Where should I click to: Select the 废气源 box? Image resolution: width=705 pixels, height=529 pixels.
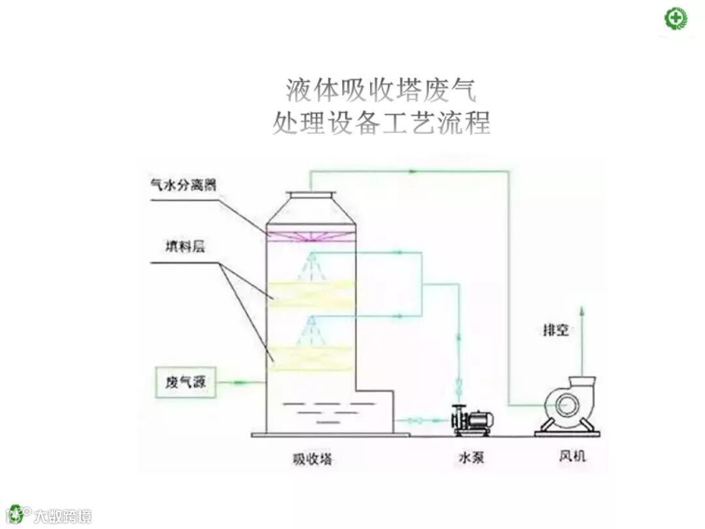pos(185,383)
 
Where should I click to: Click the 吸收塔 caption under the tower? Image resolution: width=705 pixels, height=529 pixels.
pos(312,459)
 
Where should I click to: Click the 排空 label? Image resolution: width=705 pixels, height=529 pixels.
pos(556,330)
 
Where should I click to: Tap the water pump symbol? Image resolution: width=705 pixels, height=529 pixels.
pos(473,421)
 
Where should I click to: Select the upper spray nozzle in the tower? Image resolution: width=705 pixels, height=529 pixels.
pos(312,259)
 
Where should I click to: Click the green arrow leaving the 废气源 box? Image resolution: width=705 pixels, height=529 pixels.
pos(240,381)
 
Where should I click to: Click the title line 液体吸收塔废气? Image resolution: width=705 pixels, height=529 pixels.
pos(381,91)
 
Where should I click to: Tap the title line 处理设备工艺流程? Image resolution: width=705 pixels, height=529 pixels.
pos(381,122)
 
